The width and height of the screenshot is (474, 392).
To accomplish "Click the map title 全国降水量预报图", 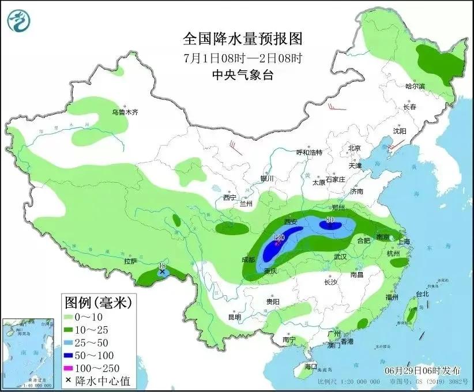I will pos(242,39).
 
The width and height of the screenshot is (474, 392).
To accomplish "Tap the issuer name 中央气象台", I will pos(242,74).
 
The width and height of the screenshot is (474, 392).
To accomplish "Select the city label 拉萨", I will pos(130,261).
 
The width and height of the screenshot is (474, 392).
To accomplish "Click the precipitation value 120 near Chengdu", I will pos(279,238).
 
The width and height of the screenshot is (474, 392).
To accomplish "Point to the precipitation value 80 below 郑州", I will pos(330,219).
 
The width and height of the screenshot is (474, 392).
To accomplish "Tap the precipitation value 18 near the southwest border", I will pos(161,265).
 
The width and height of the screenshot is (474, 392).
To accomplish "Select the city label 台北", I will pos(422,293).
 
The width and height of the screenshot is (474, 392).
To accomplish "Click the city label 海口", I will pos(311,366).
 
